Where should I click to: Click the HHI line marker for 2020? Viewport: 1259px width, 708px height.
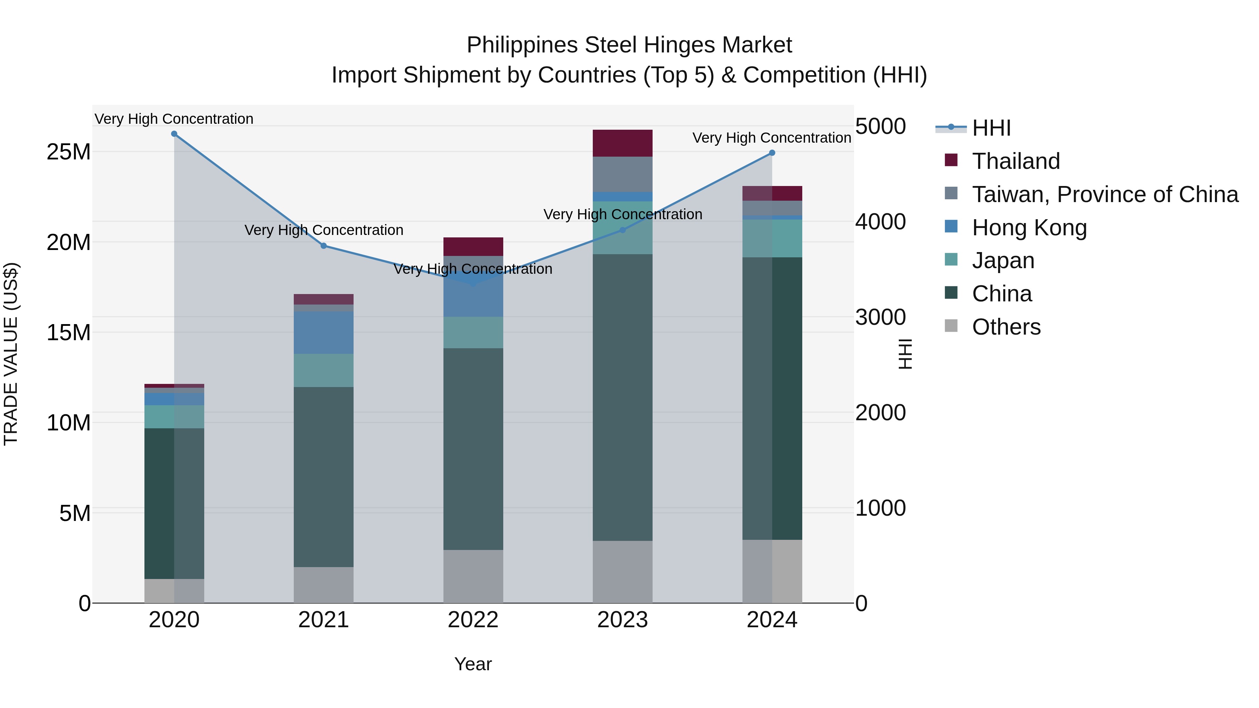[174, 134]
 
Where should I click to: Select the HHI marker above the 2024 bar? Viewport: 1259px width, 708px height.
[772, 153]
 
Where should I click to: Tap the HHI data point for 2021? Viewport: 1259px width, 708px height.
[323, 246]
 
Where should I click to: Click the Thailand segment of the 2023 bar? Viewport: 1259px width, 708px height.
[622, 143]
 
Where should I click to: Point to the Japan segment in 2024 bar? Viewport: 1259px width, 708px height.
[772, 238]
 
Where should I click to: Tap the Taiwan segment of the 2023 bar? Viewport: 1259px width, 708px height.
[622, 174]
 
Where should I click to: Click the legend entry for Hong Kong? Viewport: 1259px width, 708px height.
[1029, 228]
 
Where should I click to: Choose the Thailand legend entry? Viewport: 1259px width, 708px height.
[1016, 161]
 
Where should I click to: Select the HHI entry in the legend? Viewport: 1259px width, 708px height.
[991, 128]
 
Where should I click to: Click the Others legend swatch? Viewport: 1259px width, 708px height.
[951, 326]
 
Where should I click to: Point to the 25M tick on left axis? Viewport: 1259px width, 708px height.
[69, 152]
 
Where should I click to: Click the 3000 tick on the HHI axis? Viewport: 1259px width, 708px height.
[880, 317]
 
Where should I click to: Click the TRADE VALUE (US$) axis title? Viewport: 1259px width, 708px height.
[11, 354]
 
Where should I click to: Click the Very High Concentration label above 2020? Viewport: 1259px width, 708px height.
[174, 119]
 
